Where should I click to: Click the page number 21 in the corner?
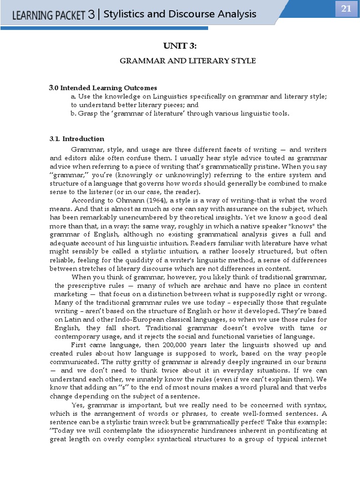tap(345, 9)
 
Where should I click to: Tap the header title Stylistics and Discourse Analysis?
tap(180, 14)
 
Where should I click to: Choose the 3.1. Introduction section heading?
tap(77, 139)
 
